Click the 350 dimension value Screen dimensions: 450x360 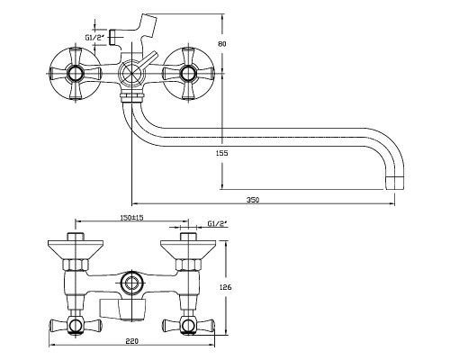(x=253, y=200)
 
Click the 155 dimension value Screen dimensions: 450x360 (x=222, y=153)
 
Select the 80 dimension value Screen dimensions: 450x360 (x=222, y=44)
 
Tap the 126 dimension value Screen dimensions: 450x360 (x=226, y=287)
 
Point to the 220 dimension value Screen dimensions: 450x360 (x=132, y=341)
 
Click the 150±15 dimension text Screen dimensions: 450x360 (x=131, y=218)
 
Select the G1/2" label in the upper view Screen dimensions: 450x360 (x=94, y=38)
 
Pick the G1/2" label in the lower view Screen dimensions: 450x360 (x=218, y=223)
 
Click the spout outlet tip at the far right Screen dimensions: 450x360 (x=395, y=183)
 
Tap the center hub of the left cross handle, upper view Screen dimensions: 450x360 (x=74, y=74)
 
